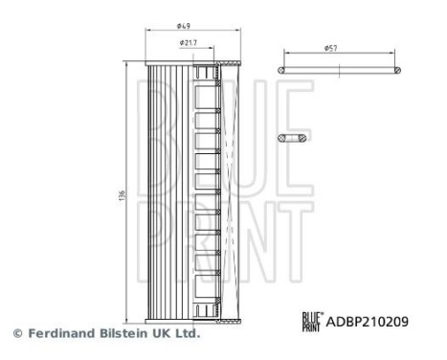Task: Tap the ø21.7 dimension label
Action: click(x=188, y=43)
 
